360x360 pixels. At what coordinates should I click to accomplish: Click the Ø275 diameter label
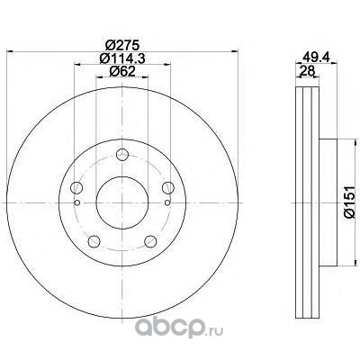click(x=122, y=45)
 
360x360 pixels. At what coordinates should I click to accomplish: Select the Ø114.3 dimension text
click(x=122, y=58)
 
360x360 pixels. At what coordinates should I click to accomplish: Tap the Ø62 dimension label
click(x=122, y=71)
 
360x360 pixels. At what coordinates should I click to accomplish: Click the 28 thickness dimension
click(x=307, y=71)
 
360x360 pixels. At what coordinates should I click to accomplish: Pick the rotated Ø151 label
click(x=349, y=202)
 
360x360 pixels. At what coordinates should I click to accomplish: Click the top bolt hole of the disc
click(x=122, y=155)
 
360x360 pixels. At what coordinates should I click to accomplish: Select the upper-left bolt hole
click(x=76, y=188)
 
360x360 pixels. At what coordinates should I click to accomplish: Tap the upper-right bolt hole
click(x=168, y=188)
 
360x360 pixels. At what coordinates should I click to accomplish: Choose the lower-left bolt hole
click(x=94, y=241)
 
